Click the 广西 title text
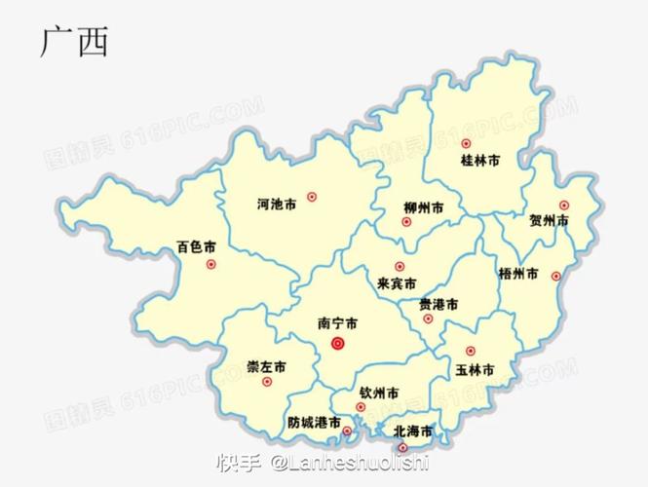pos(74,42)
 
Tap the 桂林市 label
pos(479,160)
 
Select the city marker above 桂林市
pos(466,143)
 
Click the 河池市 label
pos(276,205)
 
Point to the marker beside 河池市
pos(312,197)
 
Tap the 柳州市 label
pos(424,207)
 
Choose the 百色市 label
pos(196,247)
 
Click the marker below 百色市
pos(211,264)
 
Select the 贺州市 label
pos(549,221)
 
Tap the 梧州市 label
pos(517,274)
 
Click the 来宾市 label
pos(397,283)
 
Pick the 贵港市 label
pos(438,304)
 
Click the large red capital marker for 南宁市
pos(338,344)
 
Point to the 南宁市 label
pos(337,321)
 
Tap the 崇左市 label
pos(266,367)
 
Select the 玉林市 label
pos(475,370)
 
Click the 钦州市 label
pos(378,393)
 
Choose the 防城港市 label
pos(314,423)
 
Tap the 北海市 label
pos(413,430)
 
